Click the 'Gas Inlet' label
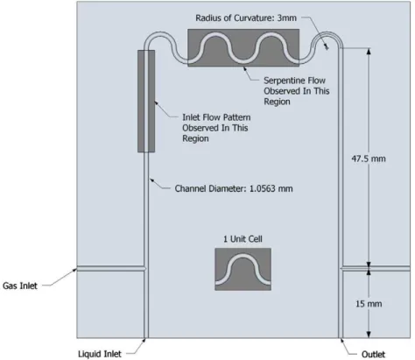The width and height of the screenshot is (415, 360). coord(20,286)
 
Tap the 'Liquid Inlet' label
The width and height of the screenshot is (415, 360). coord(100,354)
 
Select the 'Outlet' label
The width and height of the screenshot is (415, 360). coord(373,354)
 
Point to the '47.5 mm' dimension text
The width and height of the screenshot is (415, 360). coord(369,159)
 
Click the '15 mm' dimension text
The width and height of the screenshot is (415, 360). coord(369,304)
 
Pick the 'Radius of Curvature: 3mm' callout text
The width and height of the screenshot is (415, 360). coord(246,18)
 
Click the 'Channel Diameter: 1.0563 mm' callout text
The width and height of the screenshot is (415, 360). coord(234,188)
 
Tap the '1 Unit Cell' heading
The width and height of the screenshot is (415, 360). coord(243,239)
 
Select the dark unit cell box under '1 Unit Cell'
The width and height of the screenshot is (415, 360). coord(243,269)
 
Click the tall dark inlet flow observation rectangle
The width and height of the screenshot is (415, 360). coord(146,101)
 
